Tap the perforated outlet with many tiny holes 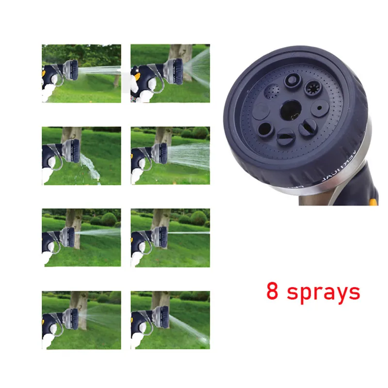(x=272, y=91)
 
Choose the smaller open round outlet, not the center (x=265, y=129)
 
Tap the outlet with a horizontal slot (x=286, y=138)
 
